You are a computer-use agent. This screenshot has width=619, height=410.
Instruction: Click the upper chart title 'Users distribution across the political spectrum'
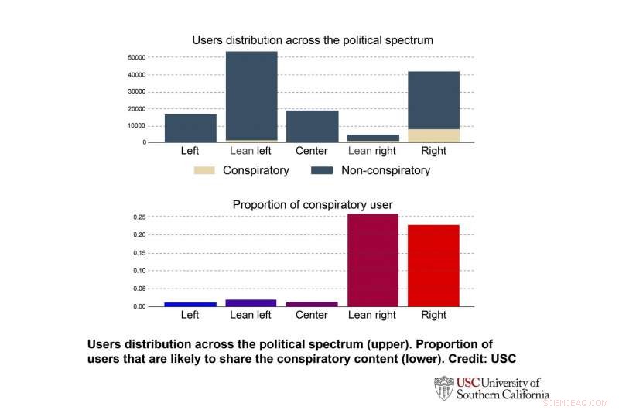click(312, 39)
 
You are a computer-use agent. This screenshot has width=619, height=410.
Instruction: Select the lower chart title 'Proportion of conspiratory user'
click(312, 205)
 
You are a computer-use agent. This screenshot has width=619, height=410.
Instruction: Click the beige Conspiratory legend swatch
click(204, 170)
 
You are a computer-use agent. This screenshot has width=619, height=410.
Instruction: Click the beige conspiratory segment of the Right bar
click(433, 135)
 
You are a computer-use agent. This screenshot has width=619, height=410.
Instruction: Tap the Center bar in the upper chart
click(312, 126)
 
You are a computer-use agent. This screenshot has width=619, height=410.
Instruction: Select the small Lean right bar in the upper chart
click(373, 138)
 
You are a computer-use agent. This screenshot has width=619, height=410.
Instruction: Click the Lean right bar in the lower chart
click(373, 260)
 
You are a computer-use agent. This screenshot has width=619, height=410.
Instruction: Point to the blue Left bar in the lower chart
click(190, 304)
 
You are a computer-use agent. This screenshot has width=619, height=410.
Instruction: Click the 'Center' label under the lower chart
click(312, 315)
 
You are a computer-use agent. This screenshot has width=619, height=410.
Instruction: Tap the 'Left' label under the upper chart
click(190, 151)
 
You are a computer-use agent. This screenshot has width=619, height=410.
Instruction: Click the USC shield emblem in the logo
click(443, 388)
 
